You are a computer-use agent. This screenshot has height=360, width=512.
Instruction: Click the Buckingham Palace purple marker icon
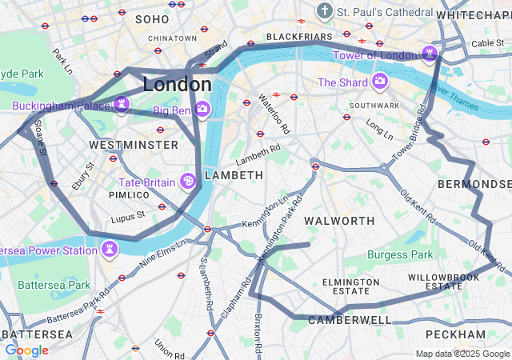(121, 105)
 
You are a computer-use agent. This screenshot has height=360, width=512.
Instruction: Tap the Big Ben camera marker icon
(202, 109)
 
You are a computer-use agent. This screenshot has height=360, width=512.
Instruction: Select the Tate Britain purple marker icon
(189, 182)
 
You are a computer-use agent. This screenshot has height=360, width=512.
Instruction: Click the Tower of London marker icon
(430, 54)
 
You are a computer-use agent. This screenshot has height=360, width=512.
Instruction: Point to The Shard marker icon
(379, 82)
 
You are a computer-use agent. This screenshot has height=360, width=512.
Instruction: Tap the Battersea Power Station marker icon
(110, 250)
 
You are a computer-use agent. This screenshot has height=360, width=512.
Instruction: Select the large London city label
(177, 84)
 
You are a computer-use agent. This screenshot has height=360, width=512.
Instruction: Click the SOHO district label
(152, 18)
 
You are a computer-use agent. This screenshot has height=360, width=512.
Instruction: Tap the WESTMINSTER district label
(134, 145)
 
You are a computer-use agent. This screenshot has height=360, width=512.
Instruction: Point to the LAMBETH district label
(234, 174)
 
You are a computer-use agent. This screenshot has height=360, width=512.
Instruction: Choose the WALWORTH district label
(340, 220)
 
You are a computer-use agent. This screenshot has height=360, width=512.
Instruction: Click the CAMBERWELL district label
(350, 320)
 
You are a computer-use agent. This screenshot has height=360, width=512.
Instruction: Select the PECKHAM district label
(455, 334)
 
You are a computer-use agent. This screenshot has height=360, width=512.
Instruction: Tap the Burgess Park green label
(400, 255)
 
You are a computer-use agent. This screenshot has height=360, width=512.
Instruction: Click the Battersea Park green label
(54, 285)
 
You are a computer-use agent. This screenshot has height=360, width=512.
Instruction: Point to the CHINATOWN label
(172, 38)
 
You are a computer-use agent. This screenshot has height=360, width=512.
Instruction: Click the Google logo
(26, 350)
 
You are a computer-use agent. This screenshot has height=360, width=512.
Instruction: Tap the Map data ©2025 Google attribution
(462, 354)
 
